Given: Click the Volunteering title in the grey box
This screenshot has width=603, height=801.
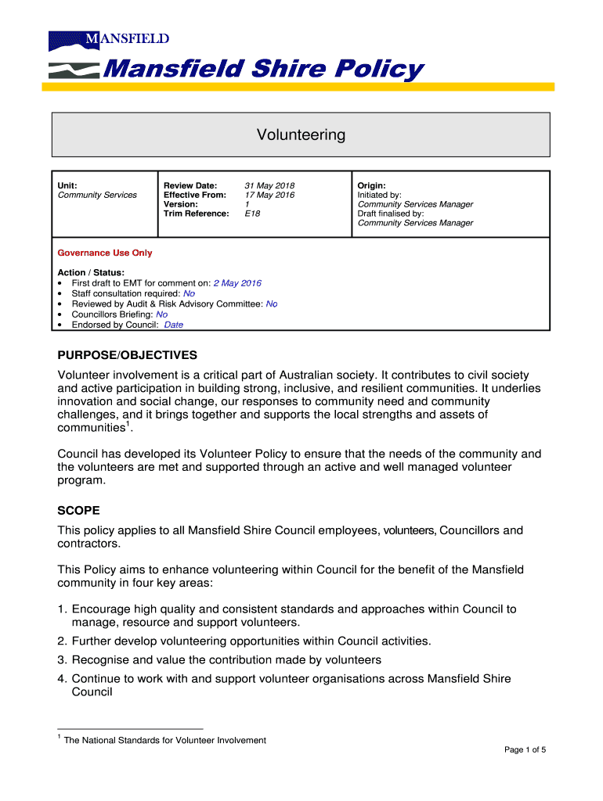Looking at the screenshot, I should click(301, 135).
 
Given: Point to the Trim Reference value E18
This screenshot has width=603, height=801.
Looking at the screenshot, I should click(252, 214).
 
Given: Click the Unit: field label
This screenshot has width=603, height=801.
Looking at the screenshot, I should click(67, 185).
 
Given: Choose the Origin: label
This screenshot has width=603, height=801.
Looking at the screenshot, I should click(371, 185).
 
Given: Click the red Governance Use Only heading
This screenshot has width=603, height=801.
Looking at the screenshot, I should click(105, 253).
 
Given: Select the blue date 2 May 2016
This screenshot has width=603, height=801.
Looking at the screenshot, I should click(237, 283).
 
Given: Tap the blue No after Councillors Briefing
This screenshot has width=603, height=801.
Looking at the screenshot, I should click(161, 314).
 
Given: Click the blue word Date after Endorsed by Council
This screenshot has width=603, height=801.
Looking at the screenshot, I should click(174, 325).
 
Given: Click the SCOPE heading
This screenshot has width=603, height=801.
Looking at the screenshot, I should click(78, 510).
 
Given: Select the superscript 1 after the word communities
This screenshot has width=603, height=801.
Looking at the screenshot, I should click(128, 426).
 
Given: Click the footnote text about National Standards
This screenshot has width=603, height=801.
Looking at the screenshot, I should click(164, 740).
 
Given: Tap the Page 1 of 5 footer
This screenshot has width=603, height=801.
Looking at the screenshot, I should click(525, 750).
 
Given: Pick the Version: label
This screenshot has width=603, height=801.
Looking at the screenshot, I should click(180, 204).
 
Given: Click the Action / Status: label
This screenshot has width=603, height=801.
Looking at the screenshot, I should click(91, 272).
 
